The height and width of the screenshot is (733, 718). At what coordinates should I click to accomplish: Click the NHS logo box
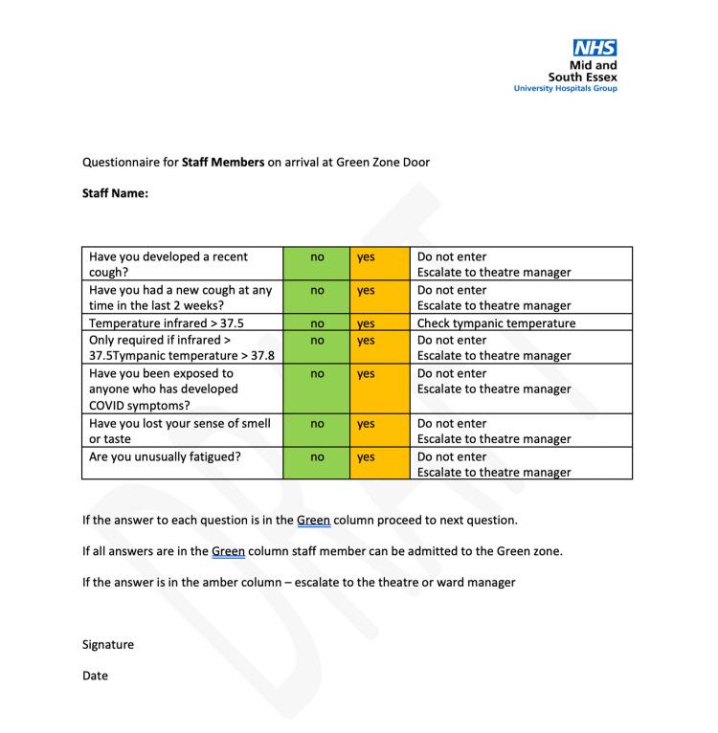[x=594, y=48]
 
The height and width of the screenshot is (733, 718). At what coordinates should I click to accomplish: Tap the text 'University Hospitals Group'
[x=565, y=89]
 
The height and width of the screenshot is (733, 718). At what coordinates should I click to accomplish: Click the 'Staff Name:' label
[x=115, y=193]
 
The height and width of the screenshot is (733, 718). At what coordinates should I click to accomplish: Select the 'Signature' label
[x=108, y=644]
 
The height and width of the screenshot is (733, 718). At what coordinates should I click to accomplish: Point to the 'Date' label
[x=95, y=676]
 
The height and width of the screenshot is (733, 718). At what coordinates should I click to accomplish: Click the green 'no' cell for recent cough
[x=317, y=257]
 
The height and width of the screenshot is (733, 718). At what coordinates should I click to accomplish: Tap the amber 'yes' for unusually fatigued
[x=366, y=457]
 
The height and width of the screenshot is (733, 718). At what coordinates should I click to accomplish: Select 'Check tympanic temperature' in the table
[x=496, y=323]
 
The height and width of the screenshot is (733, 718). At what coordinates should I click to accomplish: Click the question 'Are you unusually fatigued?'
[x=165, y=456]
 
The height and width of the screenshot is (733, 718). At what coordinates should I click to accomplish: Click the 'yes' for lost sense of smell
[x=366, y=424]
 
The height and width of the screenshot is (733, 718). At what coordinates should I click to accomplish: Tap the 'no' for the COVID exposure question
[x=317, y=374]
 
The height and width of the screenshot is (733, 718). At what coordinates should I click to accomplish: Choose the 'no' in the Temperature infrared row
[x=317, y=323]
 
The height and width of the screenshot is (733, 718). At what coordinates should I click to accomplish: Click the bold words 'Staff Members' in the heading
[x=223, y=162]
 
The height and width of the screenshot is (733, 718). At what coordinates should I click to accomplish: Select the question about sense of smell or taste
[x=180, y=431]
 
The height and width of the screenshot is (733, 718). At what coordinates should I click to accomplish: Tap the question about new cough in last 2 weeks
[x=180, y=298]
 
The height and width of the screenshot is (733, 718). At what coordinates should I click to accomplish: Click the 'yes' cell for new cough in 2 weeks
[x=366, y=290]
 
